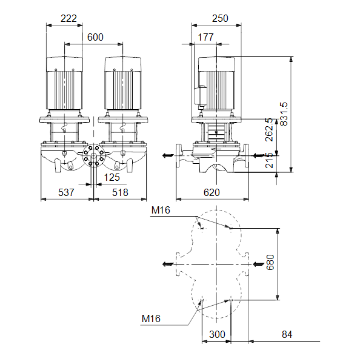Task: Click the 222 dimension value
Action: click(x=68, y=18)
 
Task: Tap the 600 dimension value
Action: click(x=95, y=37)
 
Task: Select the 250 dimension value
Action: click(x=220, y=18)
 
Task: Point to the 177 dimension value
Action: click(x=205, y=37)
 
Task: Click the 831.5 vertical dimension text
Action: click(x=284, y=114)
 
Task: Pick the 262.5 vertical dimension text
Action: click(x=269, y=130)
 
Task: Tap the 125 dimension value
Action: click(x=112, y=178)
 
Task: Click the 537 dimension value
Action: click(x=66, y=192)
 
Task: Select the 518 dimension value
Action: click(x=120, y=192)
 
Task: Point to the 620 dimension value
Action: click(x=212, y=192)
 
